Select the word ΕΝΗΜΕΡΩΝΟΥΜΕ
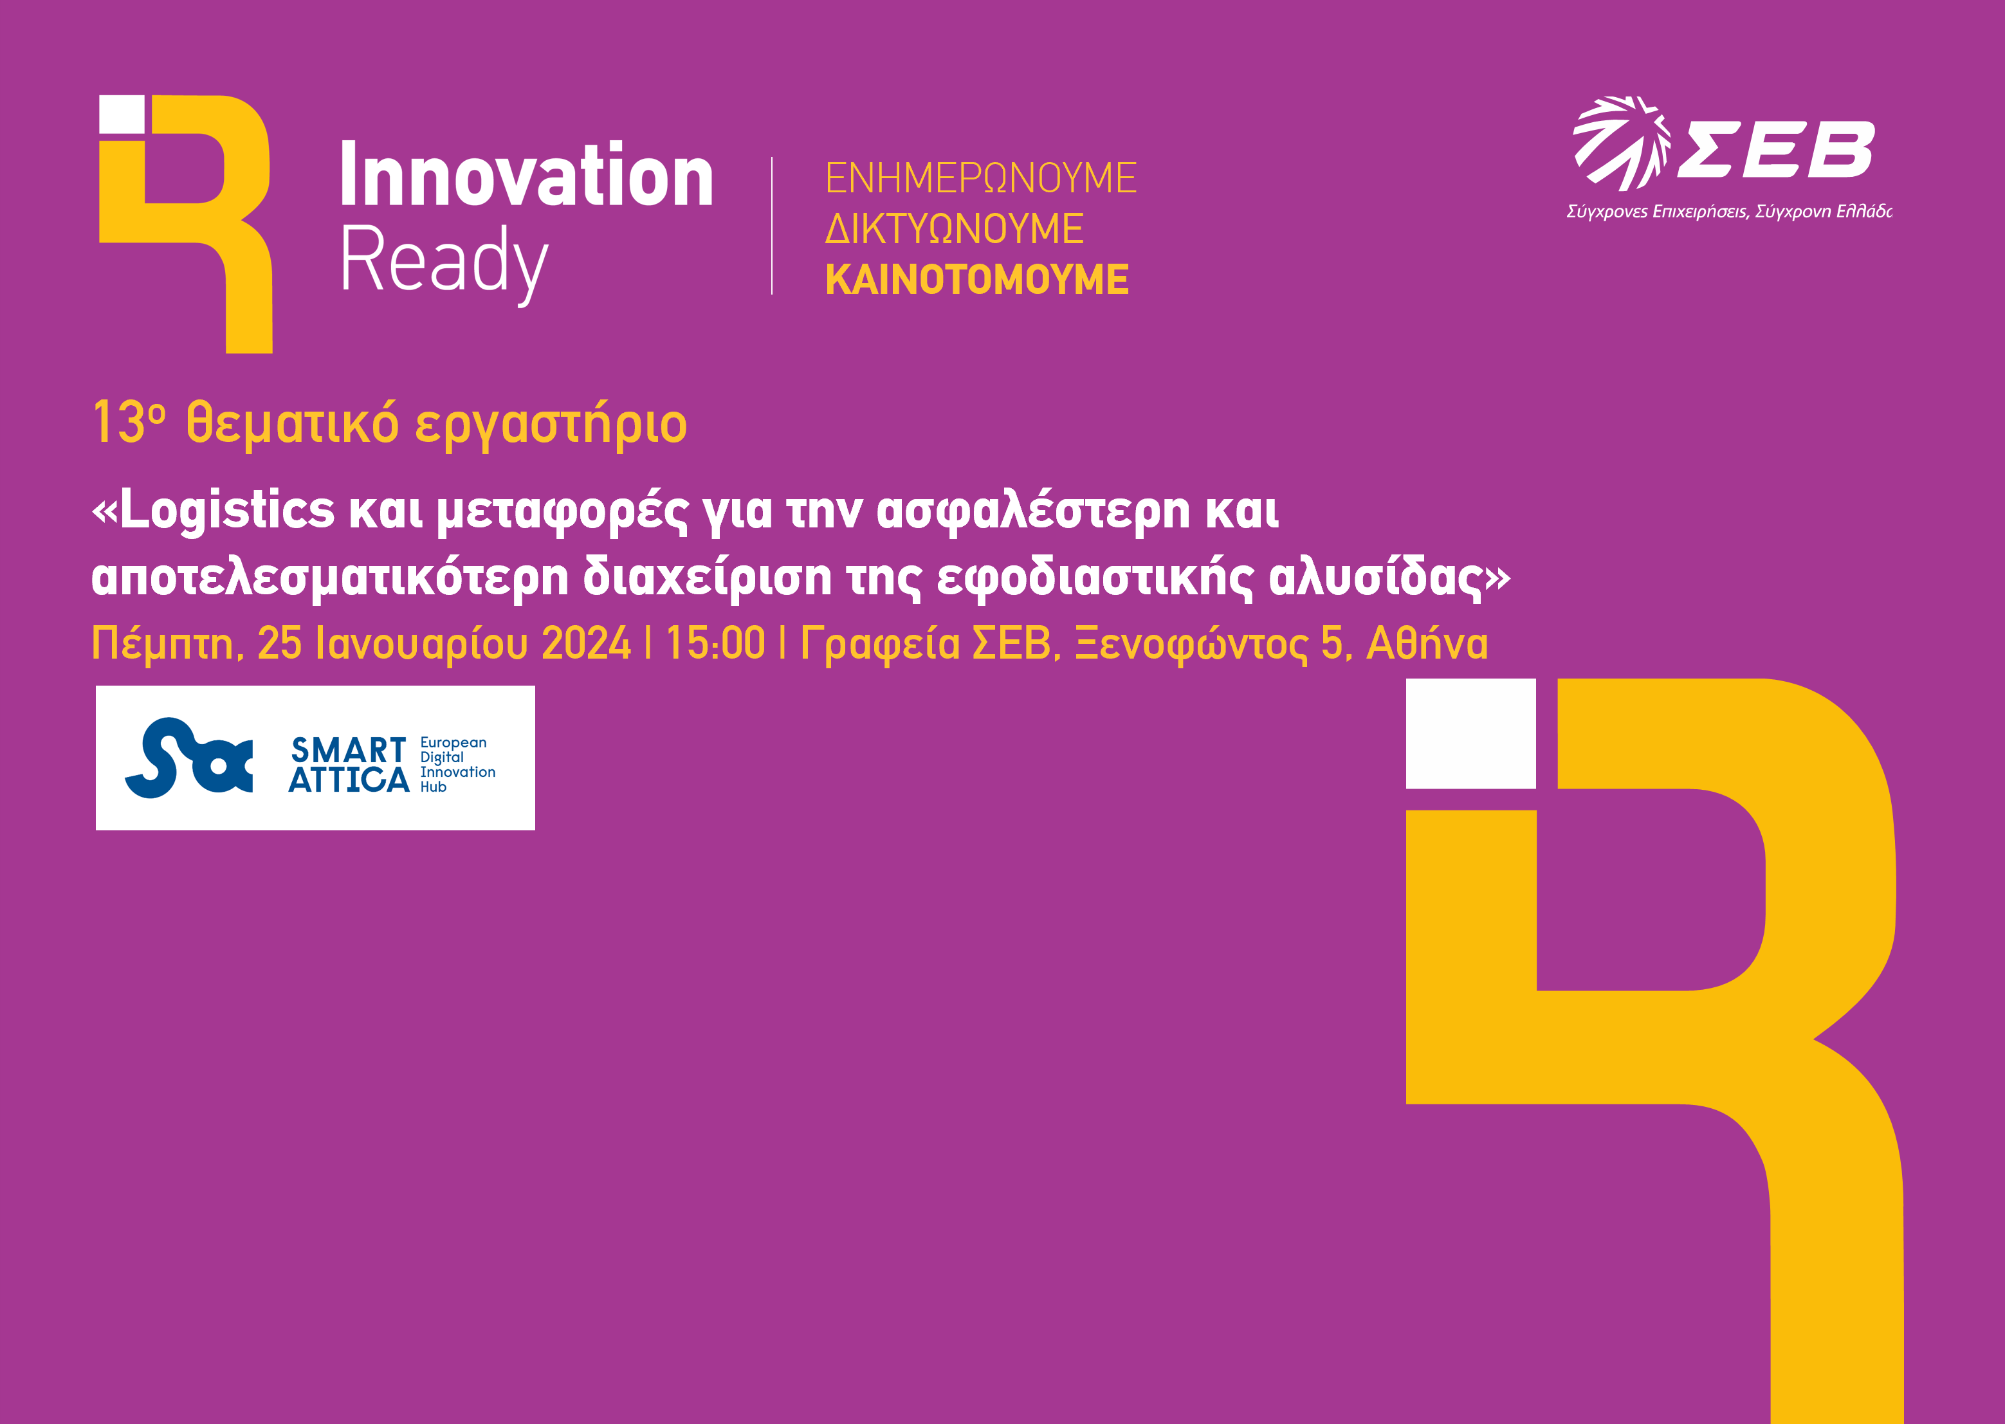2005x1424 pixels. (x=980, y=178)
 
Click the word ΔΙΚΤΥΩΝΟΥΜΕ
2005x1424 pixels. (x=954, y=229)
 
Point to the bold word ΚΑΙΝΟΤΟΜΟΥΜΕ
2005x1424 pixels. (x=976, y=280)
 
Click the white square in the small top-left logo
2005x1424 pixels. (x=121, y=116)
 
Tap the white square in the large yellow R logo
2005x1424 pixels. (x=1470, y=733)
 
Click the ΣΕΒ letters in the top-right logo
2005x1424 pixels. (x=1776, y=149)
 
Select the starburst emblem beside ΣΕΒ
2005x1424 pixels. (x=1621, y=143)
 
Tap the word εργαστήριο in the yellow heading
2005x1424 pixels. (x=551, y=425)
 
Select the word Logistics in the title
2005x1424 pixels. (x=227, y=510)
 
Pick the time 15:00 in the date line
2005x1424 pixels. (x=715, y=644)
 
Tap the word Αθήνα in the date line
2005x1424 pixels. (x=1427, y=644)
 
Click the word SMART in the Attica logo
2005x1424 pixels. (x=348, y=751)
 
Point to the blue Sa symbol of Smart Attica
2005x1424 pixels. (x=189, y=758)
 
